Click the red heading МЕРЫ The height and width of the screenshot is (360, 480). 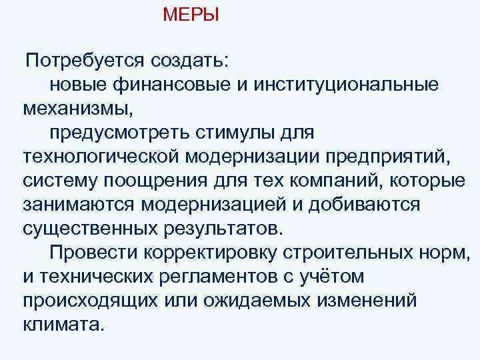click(x=191, y=14)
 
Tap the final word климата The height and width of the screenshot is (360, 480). click(x=63, y=324)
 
